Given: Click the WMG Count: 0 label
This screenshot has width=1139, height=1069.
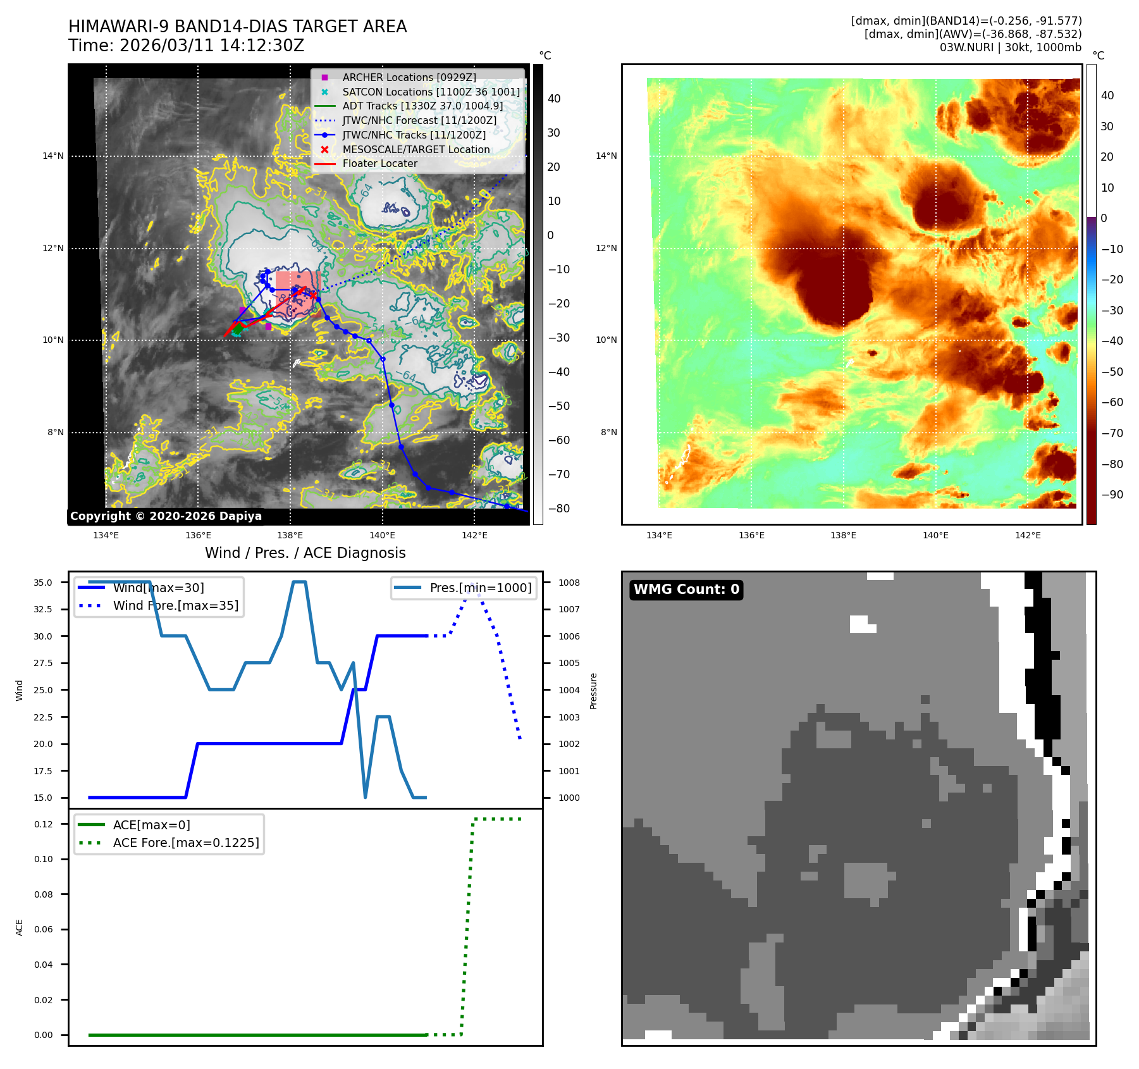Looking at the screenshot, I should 686,590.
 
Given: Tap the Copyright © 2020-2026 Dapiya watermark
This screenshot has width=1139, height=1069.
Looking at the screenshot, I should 166,516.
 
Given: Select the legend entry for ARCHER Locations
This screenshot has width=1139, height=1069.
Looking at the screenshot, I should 409,77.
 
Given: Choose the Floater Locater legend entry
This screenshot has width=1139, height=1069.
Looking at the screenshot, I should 379,163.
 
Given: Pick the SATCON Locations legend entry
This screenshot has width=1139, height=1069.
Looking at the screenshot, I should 431,92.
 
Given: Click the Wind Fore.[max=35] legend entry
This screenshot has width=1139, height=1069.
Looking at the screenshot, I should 175,605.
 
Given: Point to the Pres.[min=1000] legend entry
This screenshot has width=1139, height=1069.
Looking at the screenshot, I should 480,588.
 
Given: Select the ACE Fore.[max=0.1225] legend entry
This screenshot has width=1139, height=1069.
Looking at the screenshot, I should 186,843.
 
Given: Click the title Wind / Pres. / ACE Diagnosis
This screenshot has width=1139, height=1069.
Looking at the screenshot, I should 305,553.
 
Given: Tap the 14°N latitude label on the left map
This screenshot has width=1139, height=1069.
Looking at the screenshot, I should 53,156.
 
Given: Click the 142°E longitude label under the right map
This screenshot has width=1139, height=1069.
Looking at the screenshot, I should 1028,535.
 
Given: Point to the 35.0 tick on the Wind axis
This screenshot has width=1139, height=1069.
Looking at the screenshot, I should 43,583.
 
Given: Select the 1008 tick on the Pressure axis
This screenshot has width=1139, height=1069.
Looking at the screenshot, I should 569,583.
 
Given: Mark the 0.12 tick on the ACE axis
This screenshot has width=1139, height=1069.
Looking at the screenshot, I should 44,824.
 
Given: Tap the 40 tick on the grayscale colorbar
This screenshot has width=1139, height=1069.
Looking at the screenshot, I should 554,99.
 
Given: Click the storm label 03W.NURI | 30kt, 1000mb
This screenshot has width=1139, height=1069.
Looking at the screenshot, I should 1010,47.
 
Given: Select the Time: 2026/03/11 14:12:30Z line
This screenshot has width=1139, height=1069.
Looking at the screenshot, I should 187,46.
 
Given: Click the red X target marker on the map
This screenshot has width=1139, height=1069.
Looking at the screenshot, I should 313,295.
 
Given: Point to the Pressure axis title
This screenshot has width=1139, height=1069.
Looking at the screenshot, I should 593,691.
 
